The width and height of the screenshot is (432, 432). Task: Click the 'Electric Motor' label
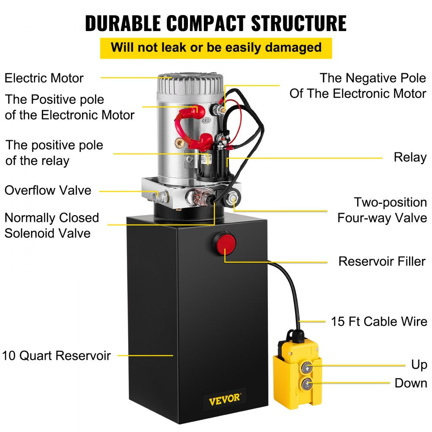(44, 78)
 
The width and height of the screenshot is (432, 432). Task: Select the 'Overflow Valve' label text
(48, 190)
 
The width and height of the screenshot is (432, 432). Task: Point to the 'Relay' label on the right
(410, 157)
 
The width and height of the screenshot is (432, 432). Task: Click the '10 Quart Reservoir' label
(57, 356)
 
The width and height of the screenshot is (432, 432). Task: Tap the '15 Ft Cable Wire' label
(379, 321)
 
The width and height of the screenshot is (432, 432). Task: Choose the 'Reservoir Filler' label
(382, 261)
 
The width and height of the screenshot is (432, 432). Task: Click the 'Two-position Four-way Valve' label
(382, 210)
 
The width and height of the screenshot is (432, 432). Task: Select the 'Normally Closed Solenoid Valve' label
(52, 225)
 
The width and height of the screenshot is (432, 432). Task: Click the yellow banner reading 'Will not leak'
(216, 47)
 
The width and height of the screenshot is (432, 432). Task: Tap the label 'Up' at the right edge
(419, 365)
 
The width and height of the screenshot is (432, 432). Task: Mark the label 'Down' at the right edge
(411, 383)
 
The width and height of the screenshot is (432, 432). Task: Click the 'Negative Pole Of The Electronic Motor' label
(358, 86)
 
